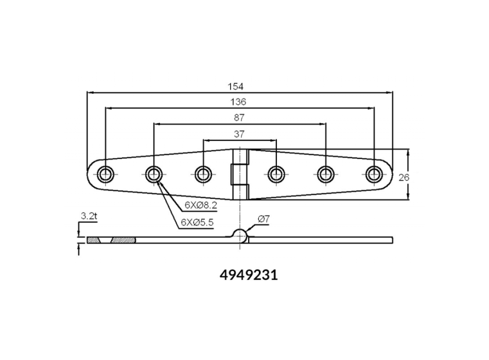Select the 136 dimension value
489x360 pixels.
pyautogui.click(x=238, y=102)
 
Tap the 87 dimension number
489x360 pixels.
pyautogui.click(x=239, y=118)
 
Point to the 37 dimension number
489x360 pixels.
pyautogui.click(x=239, y=134)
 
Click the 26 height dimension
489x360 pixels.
pyautogui.click(x=404, y=177)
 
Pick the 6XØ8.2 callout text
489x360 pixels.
pyautogui.click(x=201, y=205)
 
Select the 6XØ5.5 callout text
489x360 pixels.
pyautogui.click(x=197, y=222)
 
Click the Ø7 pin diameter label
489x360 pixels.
pyautogui.click(x=264, y=219)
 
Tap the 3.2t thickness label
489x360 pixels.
pyautogui.click(x=89, y=215)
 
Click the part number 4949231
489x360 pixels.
pyautogui.click(x=249, y=275)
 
